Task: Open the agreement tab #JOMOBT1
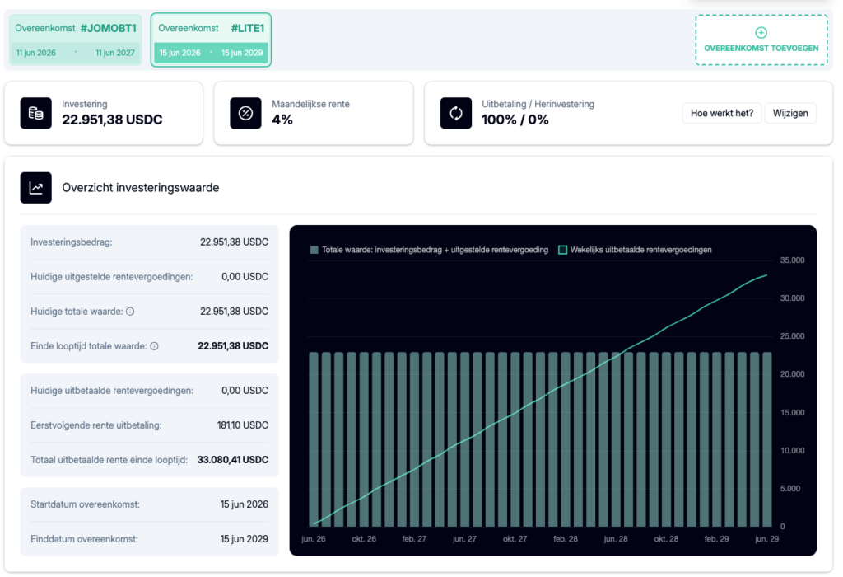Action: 75,40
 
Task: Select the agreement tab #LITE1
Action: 211,40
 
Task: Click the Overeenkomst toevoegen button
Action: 761,40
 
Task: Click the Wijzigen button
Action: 790,113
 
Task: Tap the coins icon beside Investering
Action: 36,113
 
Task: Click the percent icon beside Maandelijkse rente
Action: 245,113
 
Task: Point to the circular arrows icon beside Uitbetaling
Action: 456,113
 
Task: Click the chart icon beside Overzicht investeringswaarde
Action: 36,188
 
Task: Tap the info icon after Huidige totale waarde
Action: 130,312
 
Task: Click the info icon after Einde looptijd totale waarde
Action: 154,346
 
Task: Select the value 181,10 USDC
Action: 243,425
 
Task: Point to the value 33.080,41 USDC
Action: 233,460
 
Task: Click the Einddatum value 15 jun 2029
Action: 244,539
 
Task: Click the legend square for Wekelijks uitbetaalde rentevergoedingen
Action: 563,250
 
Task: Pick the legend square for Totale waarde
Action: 314,250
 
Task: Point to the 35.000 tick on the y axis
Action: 792,260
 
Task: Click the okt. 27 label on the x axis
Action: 515,539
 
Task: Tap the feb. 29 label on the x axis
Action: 717,539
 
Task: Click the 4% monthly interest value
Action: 282,120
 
